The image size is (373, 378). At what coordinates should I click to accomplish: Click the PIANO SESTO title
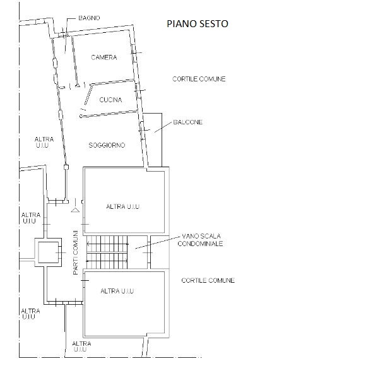click(x=198, y=23)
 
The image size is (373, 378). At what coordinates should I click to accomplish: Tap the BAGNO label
click(x=89, y=18)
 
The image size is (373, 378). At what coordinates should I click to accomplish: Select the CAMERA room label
click(x=104, y=57)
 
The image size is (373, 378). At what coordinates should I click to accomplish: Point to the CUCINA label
click(x=110, y=100)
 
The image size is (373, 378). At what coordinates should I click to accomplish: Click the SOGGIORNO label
click(x=107, y=145)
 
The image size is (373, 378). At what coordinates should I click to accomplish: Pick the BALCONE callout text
click(x=188, y=122)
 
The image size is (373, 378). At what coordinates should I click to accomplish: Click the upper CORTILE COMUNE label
click(x=199, y=79)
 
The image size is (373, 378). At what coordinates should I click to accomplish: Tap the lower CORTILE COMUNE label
click(x=208, y=280)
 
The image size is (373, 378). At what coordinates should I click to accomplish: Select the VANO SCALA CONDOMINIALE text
click(x=200, y=240)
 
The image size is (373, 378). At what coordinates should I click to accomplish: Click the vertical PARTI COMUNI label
click(x=76, y=252)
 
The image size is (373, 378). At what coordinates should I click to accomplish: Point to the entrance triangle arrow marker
click(x=75, y=210)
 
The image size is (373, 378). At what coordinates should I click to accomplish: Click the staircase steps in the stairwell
click(x=107, y=252)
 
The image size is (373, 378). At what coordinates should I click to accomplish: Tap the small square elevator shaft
click(x=48, y=252)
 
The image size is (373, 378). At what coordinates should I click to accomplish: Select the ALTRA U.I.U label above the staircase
click(x=122, y=207)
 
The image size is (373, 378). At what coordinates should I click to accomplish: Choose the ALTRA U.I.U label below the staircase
click(x=117, y=291)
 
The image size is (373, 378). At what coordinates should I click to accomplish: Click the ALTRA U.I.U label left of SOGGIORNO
click(x=44, y=143)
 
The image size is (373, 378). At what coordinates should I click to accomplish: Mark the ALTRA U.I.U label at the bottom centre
click(x=81, y=346)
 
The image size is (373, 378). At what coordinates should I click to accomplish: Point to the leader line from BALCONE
click(x=163, y=127)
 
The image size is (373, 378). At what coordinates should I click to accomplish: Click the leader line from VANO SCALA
click(x=157, y=242)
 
